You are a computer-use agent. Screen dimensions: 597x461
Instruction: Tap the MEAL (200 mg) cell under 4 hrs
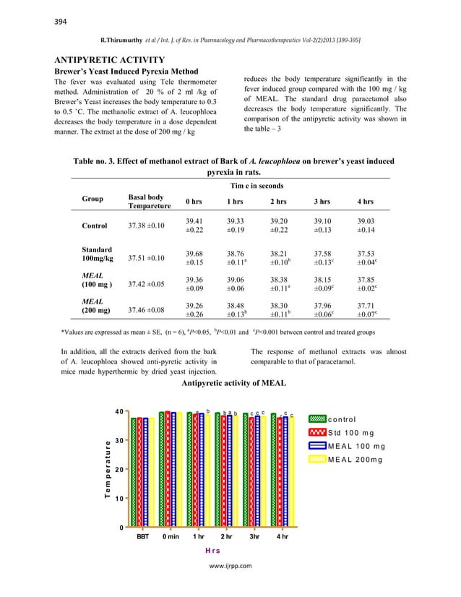[367, 310]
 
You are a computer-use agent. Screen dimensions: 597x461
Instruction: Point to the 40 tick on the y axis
[119, 412]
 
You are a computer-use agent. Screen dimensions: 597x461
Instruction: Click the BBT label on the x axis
[143, 538]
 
